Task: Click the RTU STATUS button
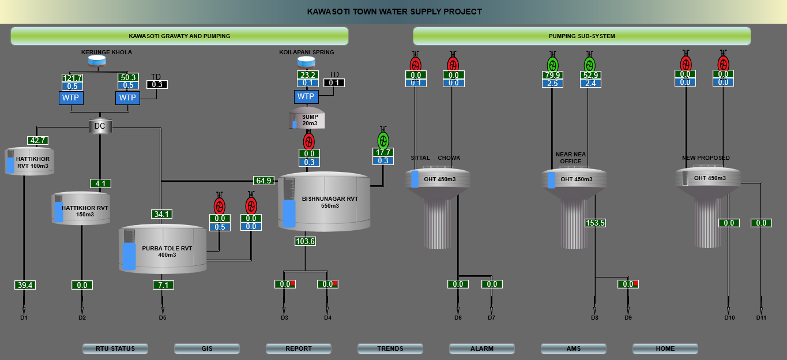coord(115,348)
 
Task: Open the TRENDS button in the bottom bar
coord(390,348)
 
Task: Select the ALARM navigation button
coord(481,348)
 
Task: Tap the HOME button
coord(665,348)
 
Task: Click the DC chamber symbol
coord(100,126)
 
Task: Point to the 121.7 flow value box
coord(73,78)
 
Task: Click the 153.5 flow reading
coord(595,223)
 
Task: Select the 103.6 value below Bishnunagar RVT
coord(304,241)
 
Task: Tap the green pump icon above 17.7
coord(383,140)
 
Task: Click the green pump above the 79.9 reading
coord(553,63)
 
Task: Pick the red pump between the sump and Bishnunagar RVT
coord(309,141)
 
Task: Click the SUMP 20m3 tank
coord(307,118)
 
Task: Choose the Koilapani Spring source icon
coord(306,62)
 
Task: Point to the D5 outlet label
coord(163,318)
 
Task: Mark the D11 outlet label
coord(761,318)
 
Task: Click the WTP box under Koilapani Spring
coord(306,96)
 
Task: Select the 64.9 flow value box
coord(263,181)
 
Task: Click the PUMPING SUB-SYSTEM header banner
coord(582,36)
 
